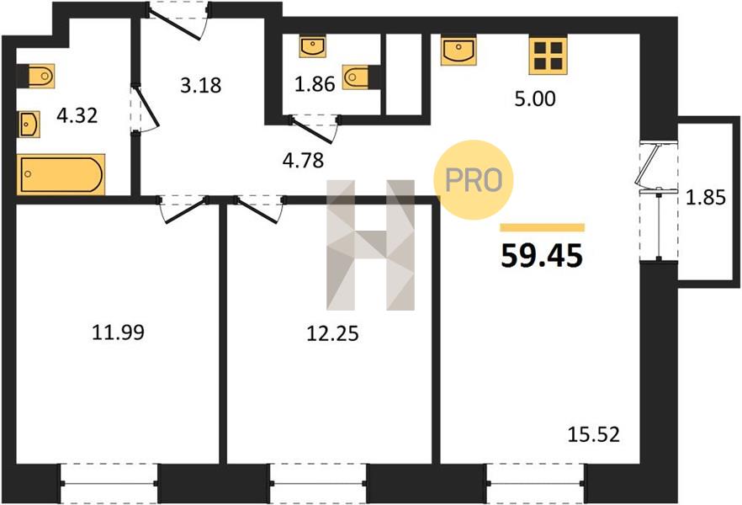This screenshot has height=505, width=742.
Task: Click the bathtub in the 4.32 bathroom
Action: [x=61, y=174]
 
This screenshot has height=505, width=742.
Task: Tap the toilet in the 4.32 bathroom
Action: [x=40, y=76]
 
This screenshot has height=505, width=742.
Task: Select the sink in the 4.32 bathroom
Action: [x=29, y=125]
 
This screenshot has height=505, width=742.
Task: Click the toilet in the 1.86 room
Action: [x=358, y=77]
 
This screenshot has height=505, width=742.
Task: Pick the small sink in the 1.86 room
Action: [x=312, y=47]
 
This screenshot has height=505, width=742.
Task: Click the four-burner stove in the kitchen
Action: [x=548, y=56]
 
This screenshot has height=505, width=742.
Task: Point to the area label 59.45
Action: [x=542, y=256]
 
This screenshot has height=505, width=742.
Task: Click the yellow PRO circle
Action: [x=473, y=180]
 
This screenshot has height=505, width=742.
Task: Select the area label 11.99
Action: [x=118, y=332]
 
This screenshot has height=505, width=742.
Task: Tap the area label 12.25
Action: [x=332, y=333]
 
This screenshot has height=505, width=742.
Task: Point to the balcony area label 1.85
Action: [x=706, y=197]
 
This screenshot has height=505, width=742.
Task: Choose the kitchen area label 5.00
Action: [x=535, y=99]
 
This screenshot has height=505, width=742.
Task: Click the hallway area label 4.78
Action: [x=303, y=161]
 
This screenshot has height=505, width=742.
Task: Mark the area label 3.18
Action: [x=200, y=86]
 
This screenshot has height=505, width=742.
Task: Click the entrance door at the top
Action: [x=178, y=22]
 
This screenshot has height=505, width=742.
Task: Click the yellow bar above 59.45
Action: [x=543, y=227]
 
